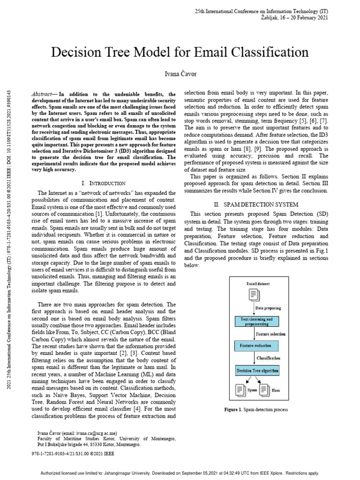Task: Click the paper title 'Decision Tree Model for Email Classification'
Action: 180,52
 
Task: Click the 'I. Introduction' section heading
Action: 103,183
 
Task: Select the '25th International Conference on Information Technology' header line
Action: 261,11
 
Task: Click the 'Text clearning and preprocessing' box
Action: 256,321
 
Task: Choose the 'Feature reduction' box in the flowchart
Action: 256,346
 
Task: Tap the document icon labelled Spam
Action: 240,389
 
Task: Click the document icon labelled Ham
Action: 264,389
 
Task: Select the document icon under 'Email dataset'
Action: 255,295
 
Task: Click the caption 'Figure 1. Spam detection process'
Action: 255,410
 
